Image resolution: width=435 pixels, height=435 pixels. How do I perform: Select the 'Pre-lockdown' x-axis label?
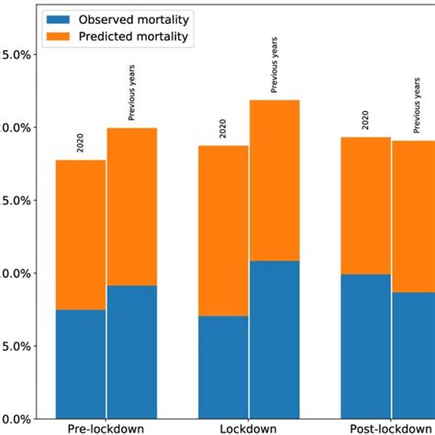coord(106,428)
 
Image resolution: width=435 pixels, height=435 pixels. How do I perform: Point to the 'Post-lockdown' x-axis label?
coord(389,428)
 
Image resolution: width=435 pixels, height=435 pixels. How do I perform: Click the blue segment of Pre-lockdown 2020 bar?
coord(81,363)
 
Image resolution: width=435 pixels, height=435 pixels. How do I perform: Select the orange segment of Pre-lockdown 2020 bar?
coord(81,235)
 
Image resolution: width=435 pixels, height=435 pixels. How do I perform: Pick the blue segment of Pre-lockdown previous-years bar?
coord(132,351)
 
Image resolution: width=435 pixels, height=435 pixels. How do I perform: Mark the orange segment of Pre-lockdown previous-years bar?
coord(132,206)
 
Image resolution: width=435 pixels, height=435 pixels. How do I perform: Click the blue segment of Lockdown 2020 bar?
coord(223,367)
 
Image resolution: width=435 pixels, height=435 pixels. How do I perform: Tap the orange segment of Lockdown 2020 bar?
coord(223,230)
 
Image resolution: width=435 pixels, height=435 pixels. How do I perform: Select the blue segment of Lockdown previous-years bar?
coord(274,340)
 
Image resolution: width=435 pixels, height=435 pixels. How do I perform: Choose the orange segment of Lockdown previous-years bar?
coord(274,180)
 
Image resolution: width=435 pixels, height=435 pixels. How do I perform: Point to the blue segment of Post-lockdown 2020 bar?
coord(366,346)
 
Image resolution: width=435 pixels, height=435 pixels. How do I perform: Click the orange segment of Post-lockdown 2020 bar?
coord(366,206)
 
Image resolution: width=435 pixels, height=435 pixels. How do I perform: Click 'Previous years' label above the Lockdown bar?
coord(274,65)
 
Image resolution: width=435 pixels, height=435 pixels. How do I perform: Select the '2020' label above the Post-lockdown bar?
coord(366,120)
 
